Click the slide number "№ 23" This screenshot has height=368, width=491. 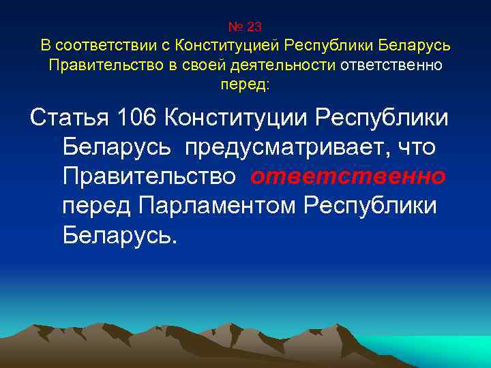tap(245, 27)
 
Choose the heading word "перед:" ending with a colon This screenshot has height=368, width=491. tap(245, 85)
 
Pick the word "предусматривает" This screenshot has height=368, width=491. tap(284, 147)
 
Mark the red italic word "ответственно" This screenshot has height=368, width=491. tap(348, 177)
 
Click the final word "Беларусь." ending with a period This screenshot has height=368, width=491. tap(119, 234)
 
